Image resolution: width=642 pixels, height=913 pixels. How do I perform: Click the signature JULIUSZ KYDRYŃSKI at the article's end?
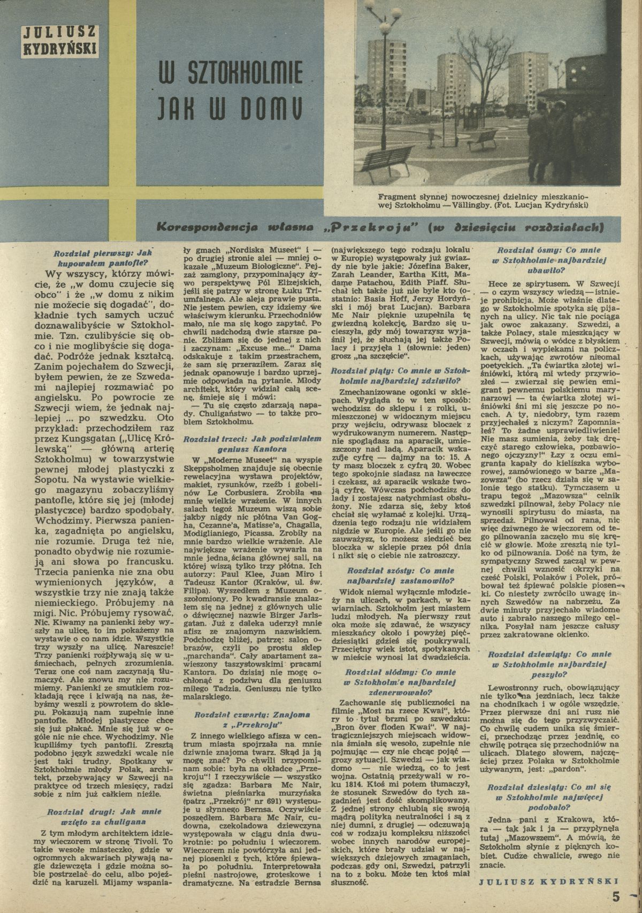point(549,880)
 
